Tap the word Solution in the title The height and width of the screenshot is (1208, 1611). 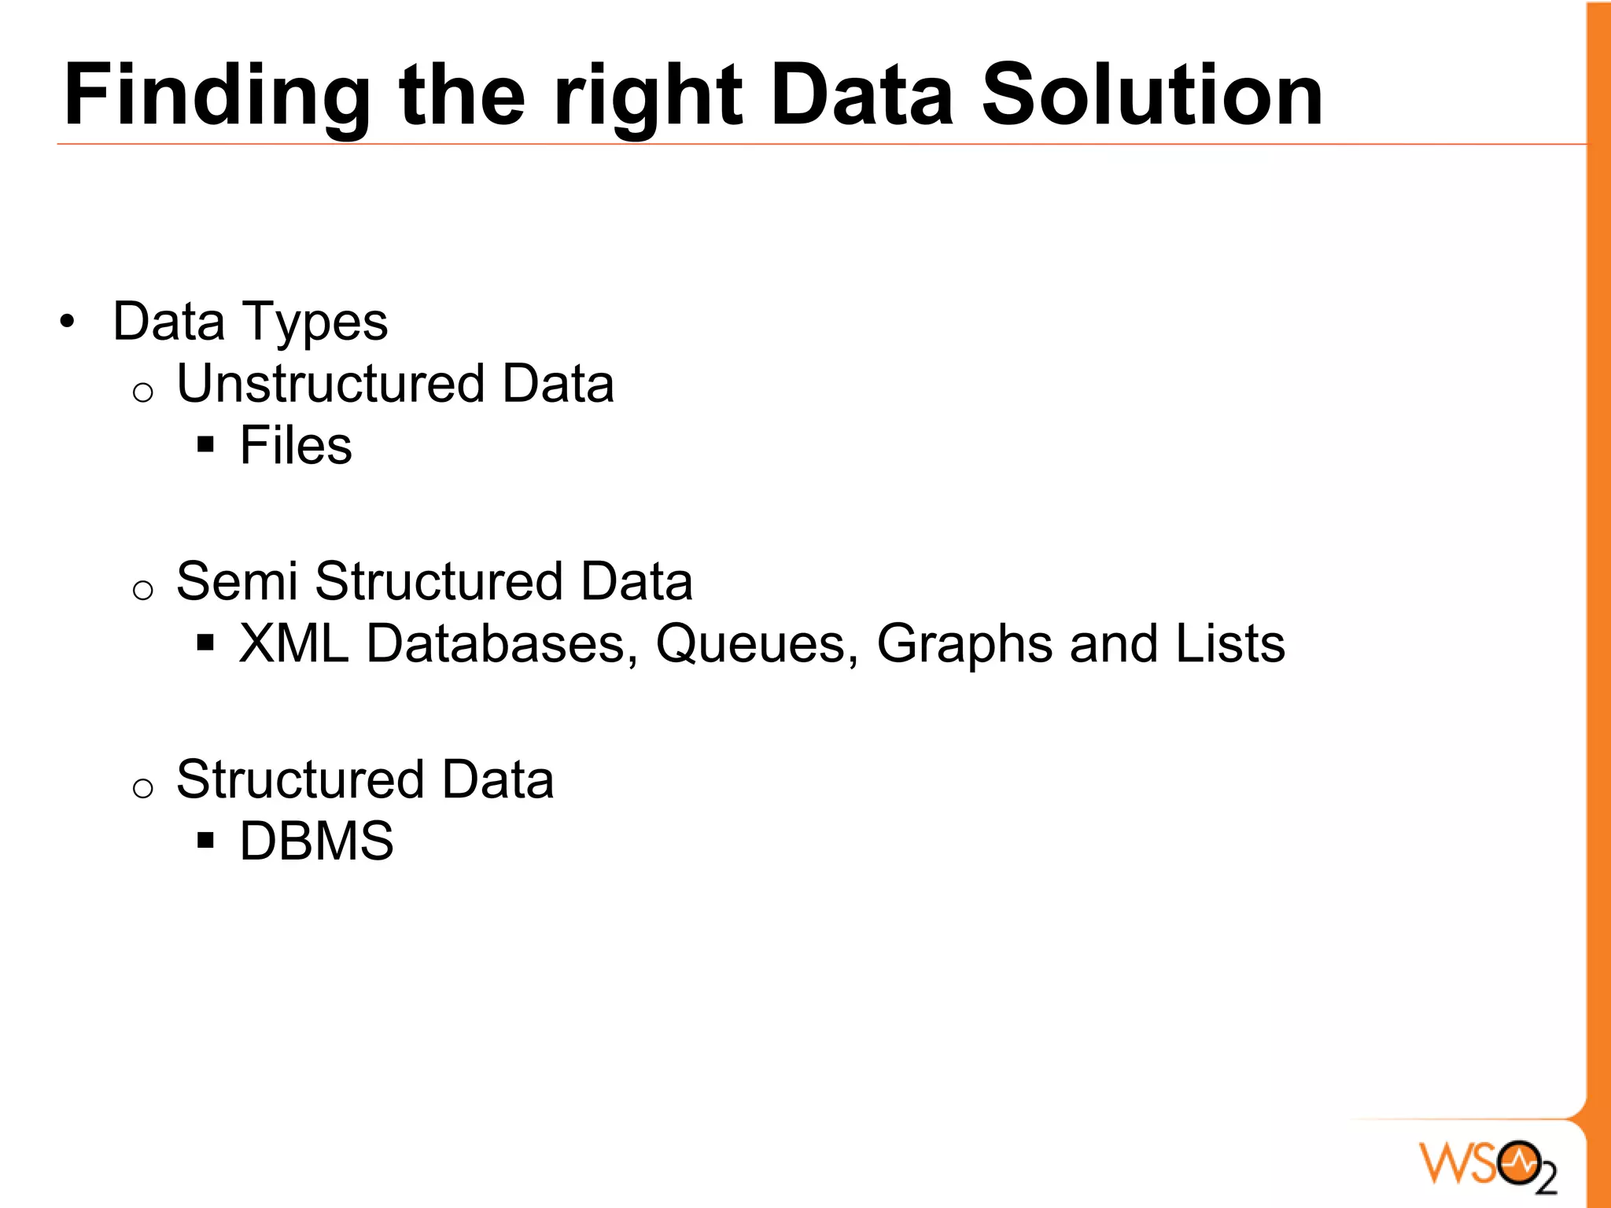(1152, 96)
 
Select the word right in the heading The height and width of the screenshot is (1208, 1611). (647, 96)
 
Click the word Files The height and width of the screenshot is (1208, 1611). (296, 446)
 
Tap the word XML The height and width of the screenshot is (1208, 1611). (293, 643)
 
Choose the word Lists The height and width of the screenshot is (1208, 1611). (1229, 643)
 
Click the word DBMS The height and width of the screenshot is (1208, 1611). (316, 842)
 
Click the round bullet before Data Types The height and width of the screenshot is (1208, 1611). (68, 322)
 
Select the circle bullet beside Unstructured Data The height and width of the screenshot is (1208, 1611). (142, 392)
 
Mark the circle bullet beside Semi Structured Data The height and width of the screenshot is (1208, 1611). (142, 590)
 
